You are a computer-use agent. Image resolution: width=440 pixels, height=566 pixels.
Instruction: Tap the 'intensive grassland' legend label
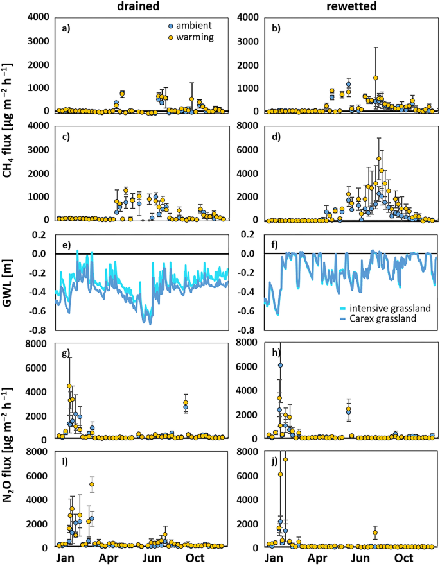[394, 308]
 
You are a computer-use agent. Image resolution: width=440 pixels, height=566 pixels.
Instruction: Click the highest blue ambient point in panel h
[280, 365]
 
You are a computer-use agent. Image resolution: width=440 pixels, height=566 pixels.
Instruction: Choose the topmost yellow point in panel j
[285, 459]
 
